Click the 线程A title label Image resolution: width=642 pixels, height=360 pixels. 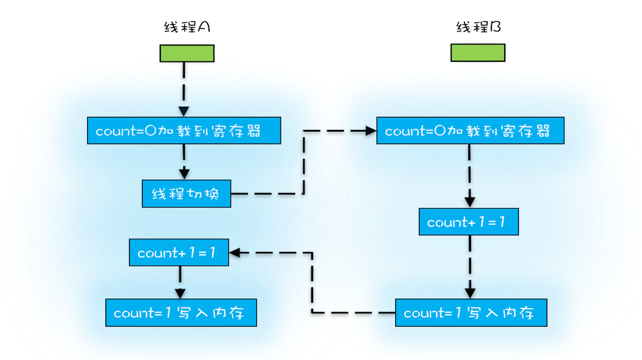tap(187, 27)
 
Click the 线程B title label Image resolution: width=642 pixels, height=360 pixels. tap(478, 27)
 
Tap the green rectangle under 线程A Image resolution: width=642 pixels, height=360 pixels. tap(187, 53)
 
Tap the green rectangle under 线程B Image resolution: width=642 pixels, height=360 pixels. tap(478, 53)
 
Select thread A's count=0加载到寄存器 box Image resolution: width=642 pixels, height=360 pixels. tap(184, 131)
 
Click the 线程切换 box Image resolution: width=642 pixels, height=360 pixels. tap(186, 194)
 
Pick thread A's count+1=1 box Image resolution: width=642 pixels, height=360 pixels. tap(179, 253)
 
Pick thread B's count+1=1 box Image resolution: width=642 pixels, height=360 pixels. tap(468, 222)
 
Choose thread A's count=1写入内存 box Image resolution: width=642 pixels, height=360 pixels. tap(181, 313)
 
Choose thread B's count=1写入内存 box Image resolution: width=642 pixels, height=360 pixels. tap(471, 313)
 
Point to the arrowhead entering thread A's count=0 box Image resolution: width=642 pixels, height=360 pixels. tap(184, 111)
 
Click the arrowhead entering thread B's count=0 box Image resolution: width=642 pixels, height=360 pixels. tap(370, 131)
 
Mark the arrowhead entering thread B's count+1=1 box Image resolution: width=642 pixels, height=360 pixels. tap(470, 202)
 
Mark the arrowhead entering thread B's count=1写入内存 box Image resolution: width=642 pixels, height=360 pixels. tap(470, 293)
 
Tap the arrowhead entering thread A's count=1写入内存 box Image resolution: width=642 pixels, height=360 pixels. tap(180, 293)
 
